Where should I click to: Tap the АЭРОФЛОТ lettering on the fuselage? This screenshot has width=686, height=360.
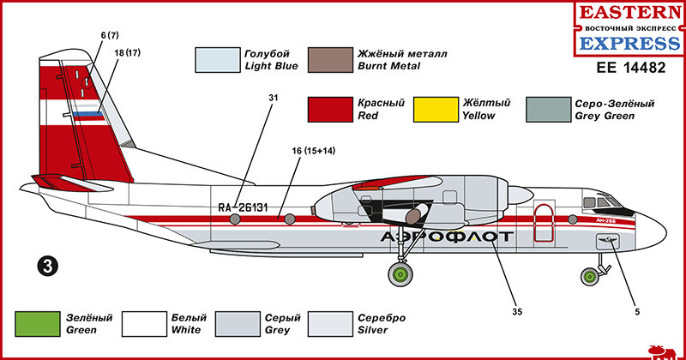[446, 237]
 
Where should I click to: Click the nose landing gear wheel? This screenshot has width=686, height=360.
[591, 276]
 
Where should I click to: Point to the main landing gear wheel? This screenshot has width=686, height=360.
[399, 275]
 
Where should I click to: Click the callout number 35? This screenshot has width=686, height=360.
[517, 311]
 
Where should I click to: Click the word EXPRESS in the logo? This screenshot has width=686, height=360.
[631, 43]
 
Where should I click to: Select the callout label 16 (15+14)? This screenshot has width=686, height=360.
[313, 151]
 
